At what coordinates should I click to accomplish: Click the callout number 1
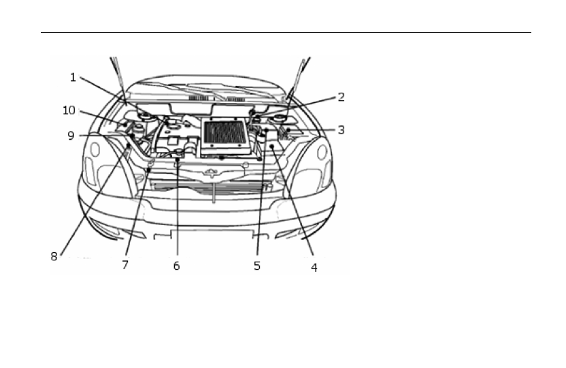point(73,78)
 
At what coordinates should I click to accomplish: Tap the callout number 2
point(341,97)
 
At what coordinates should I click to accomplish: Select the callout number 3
point(341,129)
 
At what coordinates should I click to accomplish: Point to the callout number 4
point(314,268)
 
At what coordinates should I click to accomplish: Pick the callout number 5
point(257,266)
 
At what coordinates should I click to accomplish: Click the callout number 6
point(176,266)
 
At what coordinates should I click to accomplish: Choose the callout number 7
point(125,265)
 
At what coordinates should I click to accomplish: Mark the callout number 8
point(54,257)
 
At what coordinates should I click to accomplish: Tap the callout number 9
point(71,136)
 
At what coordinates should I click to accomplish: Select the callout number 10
point(69,110)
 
